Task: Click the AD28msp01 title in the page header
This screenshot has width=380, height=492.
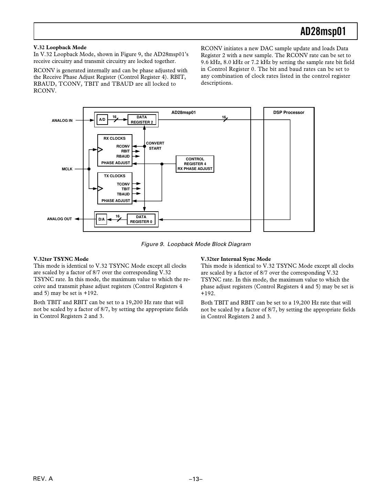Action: click(323, 32)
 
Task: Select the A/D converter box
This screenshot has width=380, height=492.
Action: click(102, 120)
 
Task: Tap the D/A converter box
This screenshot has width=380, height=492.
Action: click(101, 219)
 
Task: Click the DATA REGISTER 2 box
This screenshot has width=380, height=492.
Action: click(142, 120)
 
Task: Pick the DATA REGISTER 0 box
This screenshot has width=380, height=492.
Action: click(141, 219)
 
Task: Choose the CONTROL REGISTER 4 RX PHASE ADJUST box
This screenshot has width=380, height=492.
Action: click(195, 164)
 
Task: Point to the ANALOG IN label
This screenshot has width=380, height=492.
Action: click(62, 120)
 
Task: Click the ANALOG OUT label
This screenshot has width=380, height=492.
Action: click(59, 219)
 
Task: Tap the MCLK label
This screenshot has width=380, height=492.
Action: click(67, 169)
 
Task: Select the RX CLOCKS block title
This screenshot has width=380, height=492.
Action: click(115, 138)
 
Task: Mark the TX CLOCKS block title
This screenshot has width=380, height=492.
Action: click(115, 176)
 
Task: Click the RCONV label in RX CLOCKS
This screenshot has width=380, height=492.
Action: click(123, 146)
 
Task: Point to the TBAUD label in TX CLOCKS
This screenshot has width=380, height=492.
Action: click(123, 194)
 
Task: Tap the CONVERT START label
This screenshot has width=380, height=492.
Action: click(155, 146)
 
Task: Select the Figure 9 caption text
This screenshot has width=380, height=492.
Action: click(196, 244)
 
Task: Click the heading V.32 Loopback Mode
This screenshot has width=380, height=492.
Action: click(60, 47)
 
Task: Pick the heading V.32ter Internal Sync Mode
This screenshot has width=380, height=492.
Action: click(236, 259)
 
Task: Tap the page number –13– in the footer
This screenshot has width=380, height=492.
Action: click(195, 479)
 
